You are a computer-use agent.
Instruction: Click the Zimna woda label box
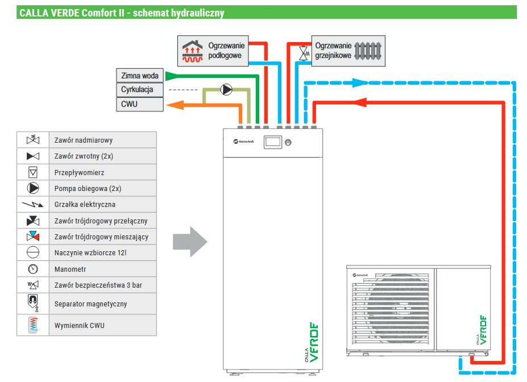pyautogui.click(x=140, y=75)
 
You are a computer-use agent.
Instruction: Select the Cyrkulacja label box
pyautogui.click(x=140, y=90)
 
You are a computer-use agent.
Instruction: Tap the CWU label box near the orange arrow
pyautogui.click(x=140, y=105)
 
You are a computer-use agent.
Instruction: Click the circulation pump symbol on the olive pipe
pyautogui.click(x=226, y=89)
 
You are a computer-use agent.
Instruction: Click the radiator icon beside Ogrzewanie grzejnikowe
pyautogui.click(x=368, y=50)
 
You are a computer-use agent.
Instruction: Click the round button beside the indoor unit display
pyautogui.click(x=288, y=142)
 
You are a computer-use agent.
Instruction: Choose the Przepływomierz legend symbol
pyautogui.click(x=33, y=172)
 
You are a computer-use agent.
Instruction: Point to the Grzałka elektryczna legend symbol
pyautogui.click(x=33, y=205)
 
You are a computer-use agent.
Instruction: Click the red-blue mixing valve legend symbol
pyautogui.click(x=33, y=236)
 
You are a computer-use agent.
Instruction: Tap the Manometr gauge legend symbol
pyautogui.click(x=33, y=269)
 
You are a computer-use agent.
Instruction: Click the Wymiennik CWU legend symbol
pyautogui.click(x=33, y=325)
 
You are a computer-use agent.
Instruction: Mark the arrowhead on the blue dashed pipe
pyautogui.click(x=358, y=82)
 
